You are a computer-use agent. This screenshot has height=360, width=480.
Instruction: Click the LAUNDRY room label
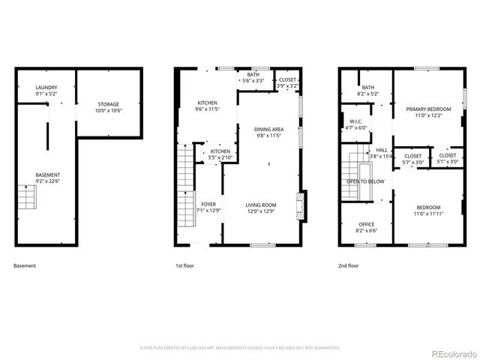click(x=46, y=91)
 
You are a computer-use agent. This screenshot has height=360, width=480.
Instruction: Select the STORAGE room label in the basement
click(x=108, y=107)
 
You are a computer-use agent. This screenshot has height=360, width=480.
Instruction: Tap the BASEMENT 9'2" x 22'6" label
click(x=48, y=178)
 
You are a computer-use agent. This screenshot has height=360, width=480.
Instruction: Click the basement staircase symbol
click(x=27, y=198)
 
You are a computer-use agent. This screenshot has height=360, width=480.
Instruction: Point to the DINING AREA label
click(x=268, y=132)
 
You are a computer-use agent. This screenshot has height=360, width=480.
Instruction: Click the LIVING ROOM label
click(x=261, y=208)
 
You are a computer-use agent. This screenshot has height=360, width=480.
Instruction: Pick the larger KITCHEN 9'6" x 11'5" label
click(x=207, y=106)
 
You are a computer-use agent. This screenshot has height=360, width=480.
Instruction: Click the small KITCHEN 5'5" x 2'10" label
click(x=220, y=155)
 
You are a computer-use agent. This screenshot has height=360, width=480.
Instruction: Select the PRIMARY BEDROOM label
click(x=425, y=112)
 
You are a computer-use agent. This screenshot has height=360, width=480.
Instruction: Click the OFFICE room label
click(x=366, y=227)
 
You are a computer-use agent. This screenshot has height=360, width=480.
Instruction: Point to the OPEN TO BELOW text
click(x=365, y=181)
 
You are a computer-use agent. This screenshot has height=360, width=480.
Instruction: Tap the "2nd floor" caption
click(x=347, y=265)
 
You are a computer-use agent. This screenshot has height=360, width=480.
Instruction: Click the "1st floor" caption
click(x=184, y=265)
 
